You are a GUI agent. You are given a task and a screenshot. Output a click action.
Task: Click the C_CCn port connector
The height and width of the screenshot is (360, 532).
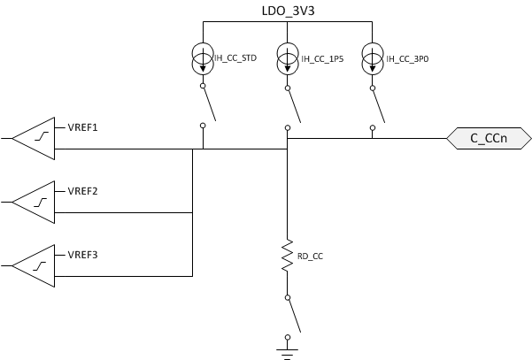[488, 138]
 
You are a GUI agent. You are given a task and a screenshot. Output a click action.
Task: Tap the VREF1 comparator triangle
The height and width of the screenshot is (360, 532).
[33, 138]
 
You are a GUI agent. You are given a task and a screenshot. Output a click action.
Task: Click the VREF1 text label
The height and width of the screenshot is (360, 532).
[82, 127]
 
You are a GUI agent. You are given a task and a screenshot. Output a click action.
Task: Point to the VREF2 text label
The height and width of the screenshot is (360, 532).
[82, 191]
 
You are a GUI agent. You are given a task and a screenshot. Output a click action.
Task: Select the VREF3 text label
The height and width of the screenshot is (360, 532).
[82, 255]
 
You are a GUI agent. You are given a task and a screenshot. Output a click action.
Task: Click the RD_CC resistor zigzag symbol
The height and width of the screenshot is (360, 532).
[287, 254]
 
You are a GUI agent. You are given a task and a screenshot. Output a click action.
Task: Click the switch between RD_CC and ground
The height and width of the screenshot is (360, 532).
[291, 314]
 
